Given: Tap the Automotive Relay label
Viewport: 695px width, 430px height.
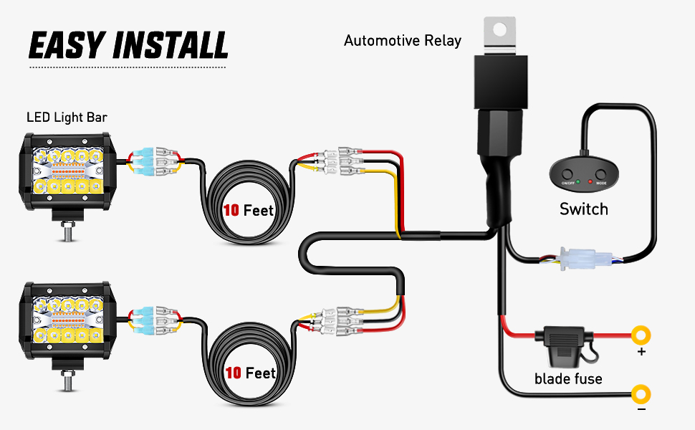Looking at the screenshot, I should tap(403, 41).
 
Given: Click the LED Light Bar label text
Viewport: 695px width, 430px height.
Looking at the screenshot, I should tap(67, 117).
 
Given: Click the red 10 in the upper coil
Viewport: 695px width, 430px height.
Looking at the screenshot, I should tap(231, 211).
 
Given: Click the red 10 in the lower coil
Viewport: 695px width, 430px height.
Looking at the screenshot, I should tap(233, 373).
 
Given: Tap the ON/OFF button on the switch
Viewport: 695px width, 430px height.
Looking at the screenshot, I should tap(567, 174).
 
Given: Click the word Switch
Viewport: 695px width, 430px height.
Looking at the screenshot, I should tap(583, 209).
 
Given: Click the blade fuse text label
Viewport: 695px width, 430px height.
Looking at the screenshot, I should tap(568, 378).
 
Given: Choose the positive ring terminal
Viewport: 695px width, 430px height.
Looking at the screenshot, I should tap(641, 335).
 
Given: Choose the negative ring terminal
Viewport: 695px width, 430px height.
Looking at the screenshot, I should tap(641, 393).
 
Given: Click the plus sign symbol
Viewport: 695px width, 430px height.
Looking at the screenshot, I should tap(641, 352).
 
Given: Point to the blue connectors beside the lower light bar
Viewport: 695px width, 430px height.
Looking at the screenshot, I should tap(140, 320).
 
